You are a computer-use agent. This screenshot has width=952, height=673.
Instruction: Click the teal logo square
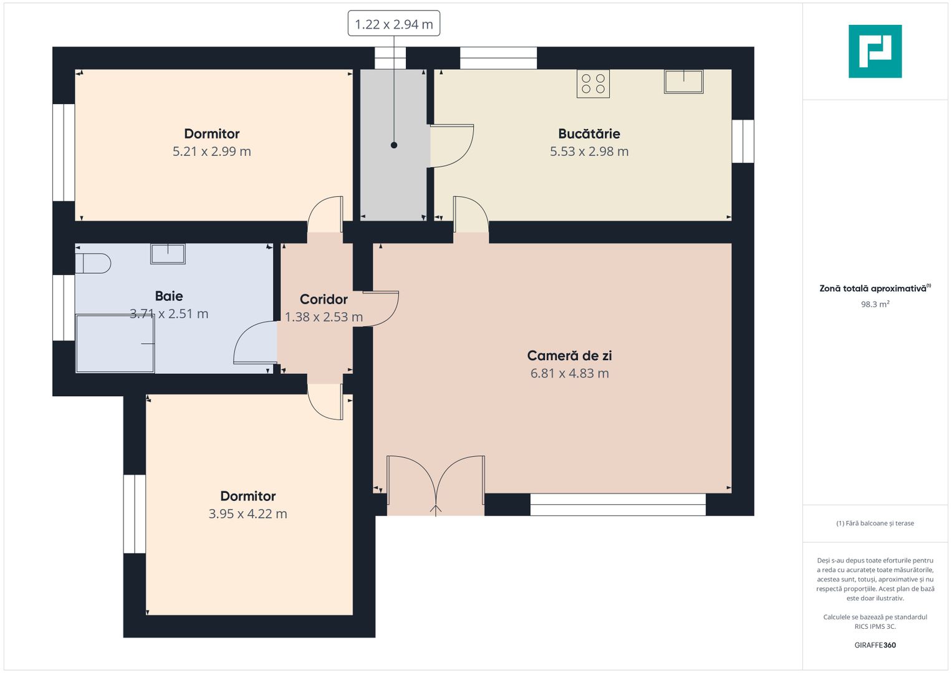pyautogui.click(x=875, y=51)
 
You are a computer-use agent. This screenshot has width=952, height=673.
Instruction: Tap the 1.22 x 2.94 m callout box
pyautogui.click(x=393, y=24)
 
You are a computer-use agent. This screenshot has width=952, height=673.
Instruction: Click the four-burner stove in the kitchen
pyautogui.click(x=593, y=84)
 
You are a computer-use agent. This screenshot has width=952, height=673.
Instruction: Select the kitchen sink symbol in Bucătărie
pyautogui.click(x=683, y=81)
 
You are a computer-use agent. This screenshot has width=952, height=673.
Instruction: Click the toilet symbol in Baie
pyautogui.click(x=93, y=264)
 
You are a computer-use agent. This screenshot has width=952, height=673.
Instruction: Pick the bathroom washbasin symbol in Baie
pyautogui.click(x=168, y=254)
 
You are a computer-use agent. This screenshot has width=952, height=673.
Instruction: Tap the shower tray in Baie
pyautogui.click(x=115, y=344)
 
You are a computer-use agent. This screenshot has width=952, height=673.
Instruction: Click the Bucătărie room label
pyautogui.click(x=589, y=134)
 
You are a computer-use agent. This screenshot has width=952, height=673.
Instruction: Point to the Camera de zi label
pyautogui.click(x=569, y=356)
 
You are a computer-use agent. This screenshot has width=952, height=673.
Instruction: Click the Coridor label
pyautogui.click(x=324, y=299)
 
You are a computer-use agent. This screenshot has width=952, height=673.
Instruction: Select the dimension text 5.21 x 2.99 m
pyautogui.click(x=211, y=151)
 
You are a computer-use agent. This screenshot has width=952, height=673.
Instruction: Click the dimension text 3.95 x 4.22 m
pyautogui.click(x=248, y=514)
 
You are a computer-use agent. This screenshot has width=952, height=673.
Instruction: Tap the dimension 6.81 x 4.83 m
pyautogui.click(x=569, y=373)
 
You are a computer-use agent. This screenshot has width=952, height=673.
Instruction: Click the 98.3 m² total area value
pyautogui.click(x=875, y=304)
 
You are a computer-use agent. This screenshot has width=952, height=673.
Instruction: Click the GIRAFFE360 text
pyautogui.click(x=875, y=645)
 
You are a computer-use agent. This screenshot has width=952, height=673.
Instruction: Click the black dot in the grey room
pyautogui.click(x=394, y=145)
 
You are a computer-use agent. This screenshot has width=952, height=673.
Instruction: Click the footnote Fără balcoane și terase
pyautogui.click(x=875, y=523)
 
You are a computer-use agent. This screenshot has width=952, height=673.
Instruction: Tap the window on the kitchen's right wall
pyautogui.click(x=743, y=141)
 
